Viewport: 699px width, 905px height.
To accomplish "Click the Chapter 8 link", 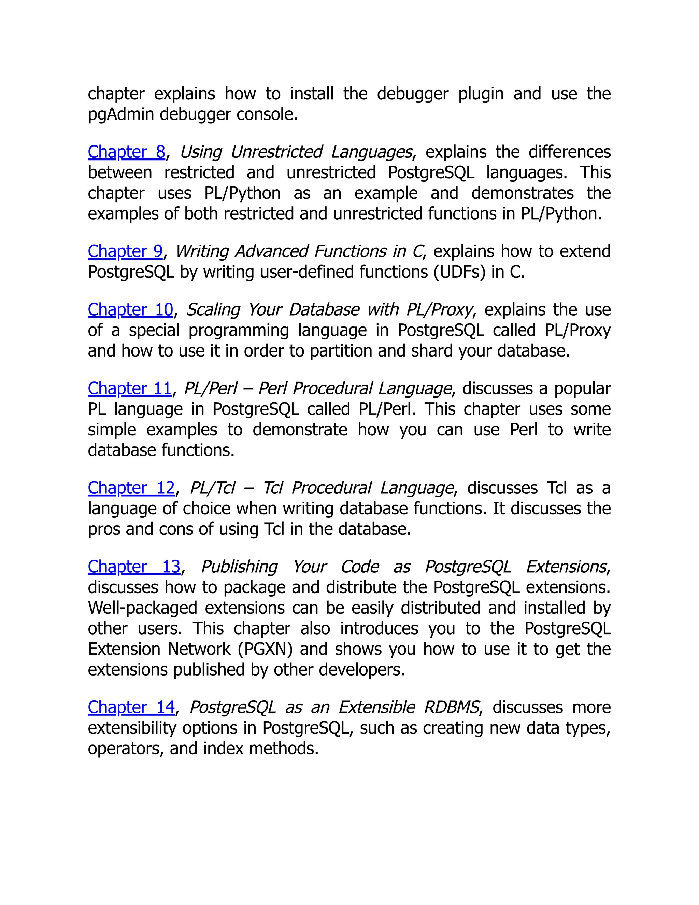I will [x=126, y=152].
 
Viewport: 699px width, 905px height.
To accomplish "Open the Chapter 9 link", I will [x=125, y=252].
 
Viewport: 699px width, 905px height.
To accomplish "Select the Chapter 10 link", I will [x=130, y=310].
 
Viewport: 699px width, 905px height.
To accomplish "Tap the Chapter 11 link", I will [x=130, y=389].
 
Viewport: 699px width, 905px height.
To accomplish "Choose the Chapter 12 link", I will [x=131, y=488].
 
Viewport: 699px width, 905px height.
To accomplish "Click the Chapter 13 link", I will [x=134, y=567].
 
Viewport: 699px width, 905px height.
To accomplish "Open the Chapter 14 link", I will [x=131, y=707].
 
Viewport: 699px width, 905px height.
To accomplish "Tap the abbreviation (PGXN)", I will [x=265, y=649].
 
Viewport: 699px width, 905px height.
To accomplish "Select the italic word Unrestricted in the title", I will [x=276, y=152].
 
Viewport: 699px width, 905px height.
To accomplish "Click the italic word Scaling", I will [x=212, y=310].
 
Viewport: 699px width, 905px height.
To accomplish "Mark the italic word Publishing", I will [x=239, y=567].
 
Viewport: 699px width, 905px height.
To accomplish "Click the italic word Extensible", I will [x=377, y=707].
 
